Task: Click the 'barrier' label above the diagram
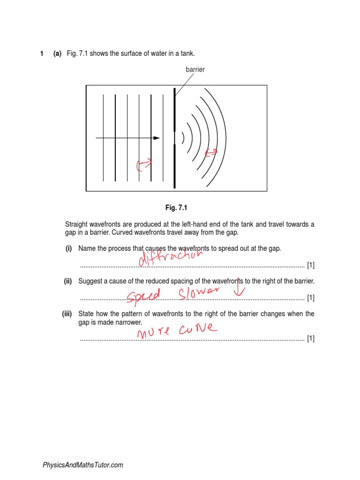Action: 195,69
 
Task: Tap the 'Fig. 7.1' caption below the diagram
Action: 176,207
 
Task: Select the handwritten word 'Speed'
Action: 144,295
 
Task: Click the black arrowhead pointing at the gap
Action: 157,138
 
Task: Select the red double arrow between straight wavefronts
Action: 144,164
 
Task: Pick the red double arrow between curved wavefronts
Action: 212,152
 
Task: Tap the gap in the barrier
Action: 174,138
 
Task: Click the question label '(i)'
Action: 68,248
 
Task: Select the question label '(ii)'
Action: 67,281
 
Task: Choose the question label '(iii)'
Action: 67,314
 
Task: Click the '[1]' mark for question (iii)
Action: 311,338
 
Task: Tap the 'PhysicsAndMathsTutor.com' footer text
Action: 83,465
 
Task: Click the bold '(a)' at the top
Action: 57,54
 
